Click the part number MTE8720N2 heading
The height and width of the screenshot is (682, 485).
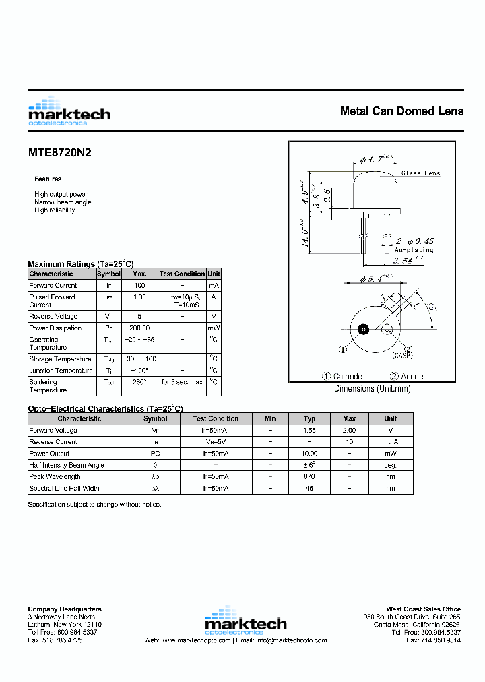click(59, 153)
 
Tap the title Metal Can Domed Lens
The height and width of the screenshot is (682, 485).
click(401, 111)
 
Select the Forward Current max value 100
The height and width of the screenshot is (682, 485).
click(139, 286)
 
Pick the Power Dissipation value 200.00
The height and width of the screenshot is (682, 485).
click(139, 328)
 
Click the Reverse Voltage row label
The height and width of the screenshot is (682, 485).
click(53, 317)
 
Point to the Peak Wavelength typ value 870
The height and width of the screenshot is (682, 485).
click(309, 476)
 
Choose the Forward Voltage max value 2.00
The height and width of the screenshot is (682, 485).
click(349, 431)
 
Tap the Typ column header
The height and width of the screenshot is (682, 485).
click(309, 418)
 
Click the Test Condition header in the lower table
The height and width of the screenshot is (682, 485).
click(216, 418)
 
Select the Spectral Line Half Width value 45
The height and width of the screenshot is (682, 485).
click(309, 488)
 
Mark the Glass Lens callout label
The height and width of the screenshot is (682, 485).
click(420, 173)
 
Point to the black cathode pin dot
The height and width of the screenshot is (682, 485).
click(363, 330)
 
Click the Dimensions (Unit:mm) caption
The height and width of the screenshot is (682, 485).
click(372, 389)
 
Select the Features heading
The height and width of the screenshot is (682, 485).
click(48, 179)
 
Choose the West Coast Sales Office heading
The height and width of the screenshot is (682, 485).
click(423, 609)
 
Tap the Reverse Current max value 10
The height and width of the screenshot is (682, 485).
click(349, 442)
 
